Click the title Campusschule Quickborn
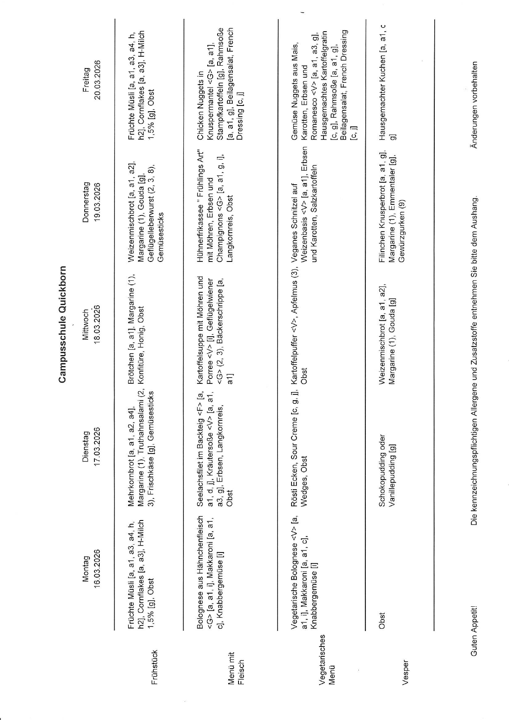tap(62, 324)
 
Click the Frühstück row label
tap(155, 667)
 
